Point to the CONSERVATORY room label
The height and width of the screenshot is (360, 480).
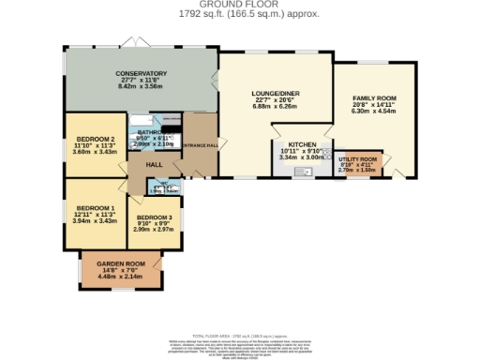pos(141,73)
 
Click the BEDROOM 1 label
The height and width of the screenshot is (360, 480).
pos(95,207)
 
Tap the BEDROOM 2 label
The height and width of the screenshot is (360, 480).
pos(95,140)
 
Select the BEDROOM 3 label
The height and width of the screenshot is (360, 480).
pos(153,217)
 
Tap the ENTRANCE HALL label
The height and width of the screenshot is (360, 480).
pos(201,145)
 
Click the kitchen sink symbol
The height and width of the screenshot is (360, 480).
pos(306,173)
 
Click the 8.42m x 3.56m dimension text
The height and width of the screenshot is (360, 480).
pos(141,86)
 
